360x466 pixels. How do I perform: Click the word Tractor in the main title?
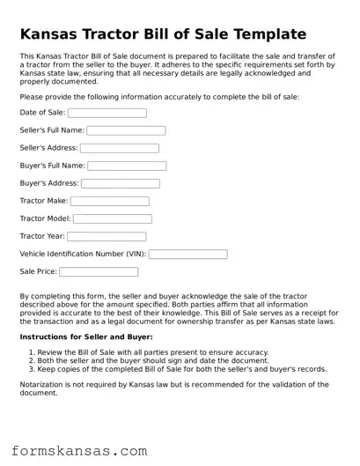pos(128,34)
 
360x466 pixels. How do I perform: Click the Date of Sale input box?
pos(107,113)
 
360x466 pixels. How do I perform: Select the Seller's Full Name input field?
pos(126,130)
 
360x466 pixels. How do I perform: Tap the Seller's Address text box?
pos(120,148)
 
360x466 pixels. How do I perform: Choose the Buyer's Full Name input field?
pos(127,166)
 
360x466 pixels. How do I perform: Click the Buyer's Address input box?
pos(121,183)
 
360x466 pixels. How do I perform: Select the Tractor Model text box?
pos(112,218)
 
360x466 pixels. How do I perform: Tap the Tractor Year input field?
pos(107,236)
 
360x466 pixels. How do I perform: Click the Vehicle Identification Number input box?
pos(188,254)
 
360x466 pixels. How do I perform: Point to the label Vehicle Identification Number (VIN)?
pos(83,254)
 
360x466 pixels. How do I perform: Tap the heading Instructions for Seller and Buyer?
pos(86,337)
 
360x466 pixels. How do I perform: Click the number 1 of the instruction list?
pos(32,352)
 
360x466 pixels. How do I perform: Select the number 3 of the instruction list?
pos(32,369)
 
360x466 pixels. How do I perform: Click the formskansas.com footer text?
pos(79,451)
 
